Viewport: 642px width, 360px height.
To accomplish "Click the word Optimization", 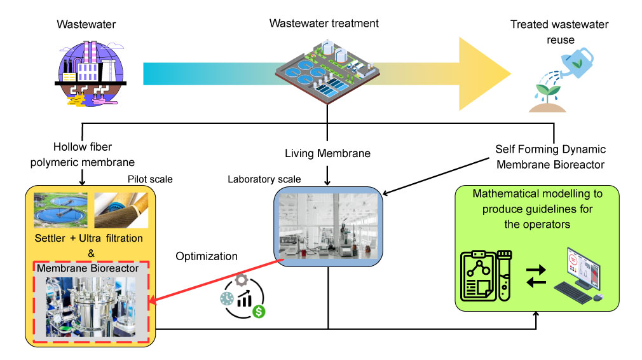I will [207, 257].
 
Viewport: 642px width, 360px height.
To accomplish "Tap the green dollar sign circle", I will [258, 311].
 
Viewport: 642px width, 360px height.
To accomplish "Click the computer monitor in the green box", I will [577, 271].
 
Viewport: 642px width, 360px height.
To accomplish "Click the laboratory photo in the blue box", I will [327, 226].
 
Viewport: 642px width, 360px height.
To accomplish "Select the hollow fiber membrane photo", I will [120, 209].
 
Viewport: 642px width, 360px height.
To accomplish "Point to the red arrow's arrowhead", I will [153, 300].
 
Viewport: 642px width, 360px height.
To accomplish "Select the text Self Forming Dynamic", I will [550, 149].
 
